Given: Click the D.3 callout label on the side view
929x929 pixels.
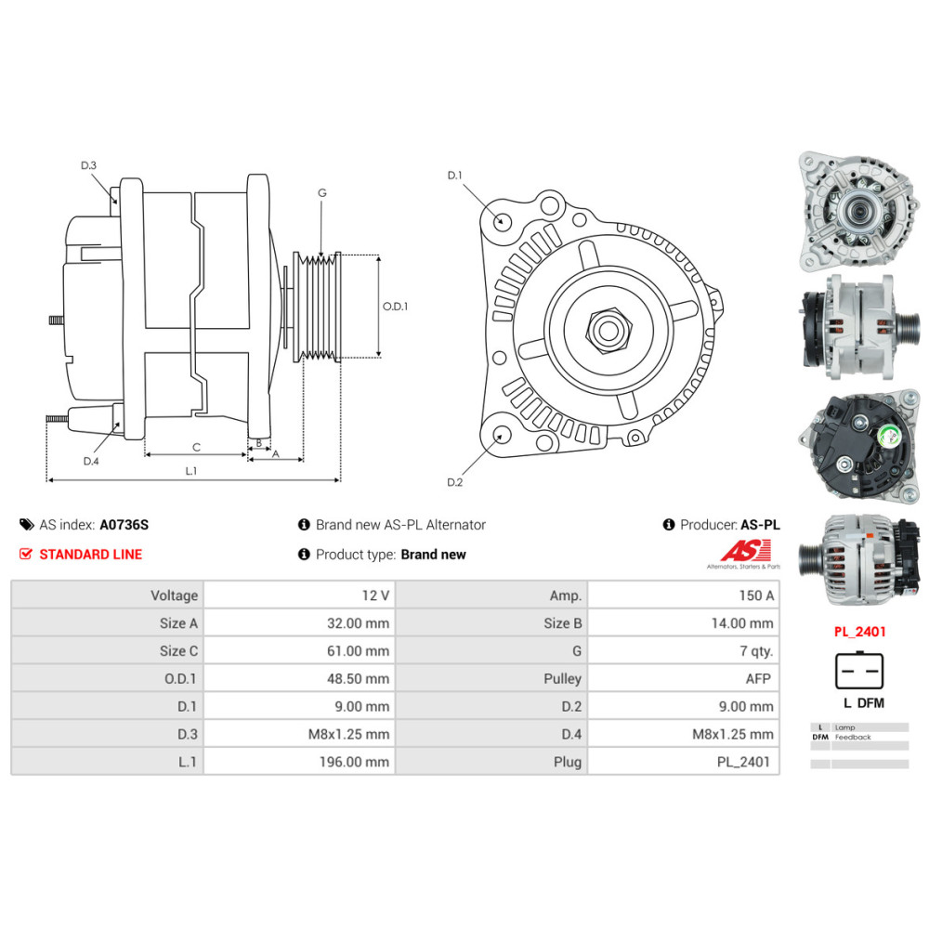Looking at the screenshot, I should coord(88,165).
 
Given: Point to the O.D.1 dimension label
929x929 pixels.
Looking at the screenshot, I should coord(395,306).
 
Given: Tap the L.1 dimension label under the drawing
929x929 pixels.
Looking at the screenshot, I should coord(190,471).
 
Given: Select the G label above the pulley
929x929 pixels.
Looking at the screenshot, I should coord(321,193).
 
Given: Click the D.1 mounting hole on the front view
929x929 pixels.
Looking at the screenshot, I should coord(502,221).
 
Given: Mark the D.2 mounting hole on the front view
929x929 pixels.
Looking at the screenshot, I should coord(502,435).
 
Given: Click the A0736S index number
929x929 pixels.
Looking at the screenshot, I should coord(124,525).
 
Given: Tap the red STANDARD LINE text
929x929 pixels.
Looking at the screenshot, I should coord(90,555).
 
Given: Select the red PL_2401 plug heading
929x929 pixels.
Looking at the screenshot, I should coord(859,632).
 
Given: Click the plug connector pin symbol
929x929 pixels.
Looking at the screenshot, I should coord(859,671).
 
